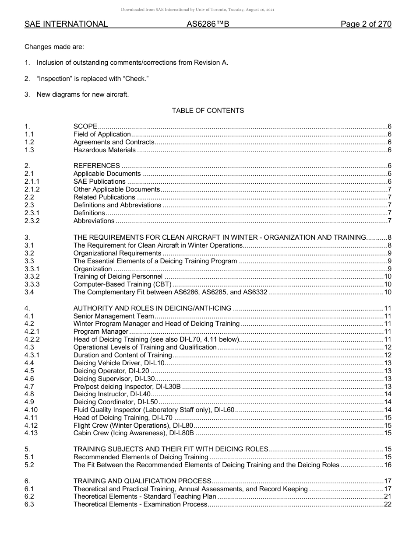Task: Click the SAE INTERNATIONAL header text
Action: click(x=66, y=24)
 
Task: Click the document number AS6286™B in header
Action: click(x=208, y=24)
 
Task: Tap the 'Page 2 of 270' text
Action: click(x=366, y=24)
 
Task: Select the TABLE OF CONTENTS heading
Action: click(x=208, y=111)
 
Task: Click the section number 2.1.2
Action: click(x=32, y=189)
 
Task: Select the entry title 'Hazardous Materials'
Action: click(x=104, y=150)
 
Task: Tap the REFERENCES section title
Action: click(x=96, y=166)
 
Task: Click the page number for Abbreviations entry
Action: click(x=389, y=221)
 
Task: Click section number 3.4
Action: click(x=29, y=292)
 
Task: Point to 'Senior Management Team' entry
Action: click(x=113, y=316)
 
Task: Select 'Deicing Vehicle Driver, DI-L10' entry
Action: click(x=119, y=363)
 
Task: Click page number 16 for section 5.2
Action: click(x=387, y=465)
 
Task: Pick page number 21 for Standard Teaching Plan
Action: click(x=387, y=496)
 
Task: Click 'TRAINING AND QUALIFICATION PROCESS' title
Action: click(x=142, y=481)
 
